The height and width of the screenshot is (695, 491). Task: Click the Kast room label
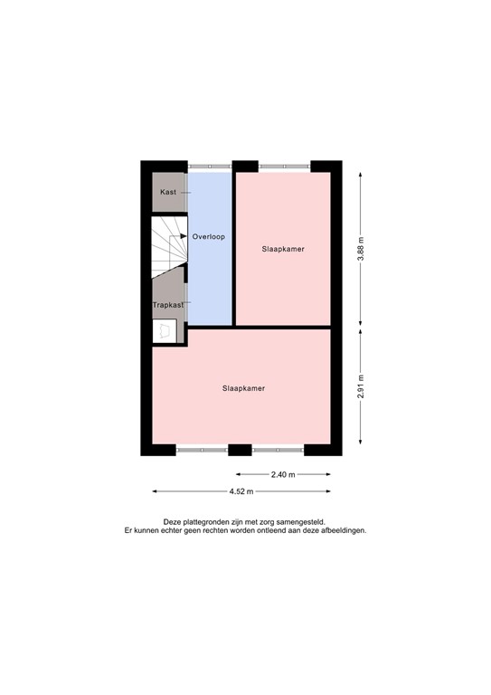[x=168, y=193]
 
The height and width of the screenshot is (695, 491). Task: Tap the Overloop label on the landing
[x=208, y=236]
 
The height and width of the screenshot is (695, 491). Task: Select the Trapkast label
[x=167, y=305]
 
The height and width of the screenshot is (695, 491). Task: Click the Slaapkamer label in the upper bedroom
[x=283, y=249]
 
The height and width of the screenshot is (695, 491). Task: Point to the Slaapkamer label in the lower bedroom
[x=243, y=388]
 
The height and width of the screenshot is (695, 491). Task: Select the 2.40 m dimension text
[x=283, y=474]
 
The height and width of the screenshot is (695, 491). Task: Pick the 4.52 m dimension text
[x=241, y=491]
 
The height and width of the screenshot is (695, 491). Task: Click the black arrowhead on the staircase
[x=184, y=236]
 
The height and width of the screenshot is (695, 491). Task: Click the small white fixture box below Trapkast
[x=165, y=332]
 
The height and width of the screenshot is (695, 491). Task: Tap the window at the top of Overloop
[x=210, y=166]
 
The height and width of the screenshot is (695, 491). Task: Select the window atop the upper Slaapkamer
[x=283, y=166]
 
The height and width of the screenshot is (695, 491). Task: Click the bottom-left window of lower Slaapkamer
[x=203, y=449]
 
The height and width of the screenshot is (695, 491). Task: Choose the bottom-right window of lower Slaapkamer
[x=278, y=449]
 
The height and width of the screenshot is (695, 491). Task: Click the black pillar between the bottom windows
[x=240, y=449]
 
